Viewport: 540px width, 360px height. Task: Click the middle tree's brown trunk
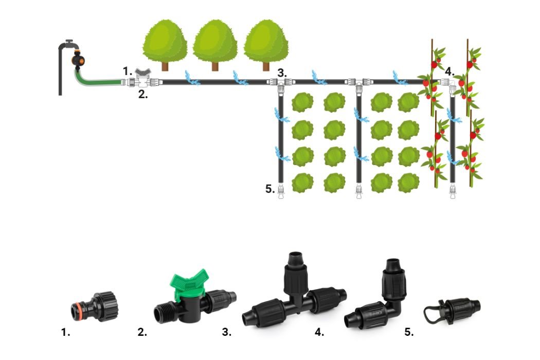(215, 65)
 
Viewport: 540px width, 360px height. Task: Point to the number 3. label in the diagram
(282, 73)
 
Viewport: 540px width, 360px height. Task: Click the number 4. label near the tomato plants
(449, 71)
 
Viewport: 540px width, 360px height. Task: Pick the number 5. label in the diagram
(270, 189)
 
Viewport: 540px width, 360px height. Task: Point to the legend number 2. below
(142, 332)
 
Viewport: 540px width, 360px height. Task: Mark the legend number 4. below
(319, 332)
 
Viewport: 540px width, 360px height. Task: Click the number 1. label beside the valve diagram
(127, 70)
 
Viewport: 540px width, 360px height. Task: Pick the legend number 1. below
(65, 332)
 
